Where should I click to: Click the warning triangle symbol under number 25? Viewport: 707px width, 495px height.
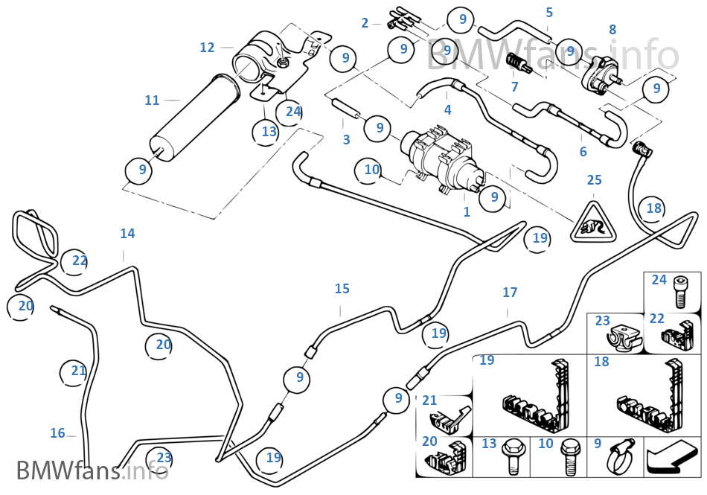(x=594, y=223)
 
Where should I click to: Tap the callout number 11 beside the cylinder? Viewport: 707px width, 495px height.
(x=152, y=100)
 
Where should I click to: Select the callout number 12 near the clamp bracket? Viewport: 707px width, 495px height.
(x=207, y=48)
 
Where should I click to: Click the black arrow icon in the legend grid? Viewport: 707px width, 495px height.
(x=672, y=457)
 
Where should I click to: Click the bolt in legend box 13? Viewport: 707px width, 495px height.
(x=512, y=456)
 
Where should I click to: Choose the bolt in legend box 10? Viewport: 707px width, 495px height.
(x=569, y=456)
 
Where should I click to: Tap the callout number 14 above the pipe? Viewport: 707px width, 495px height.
(x=127, y=234)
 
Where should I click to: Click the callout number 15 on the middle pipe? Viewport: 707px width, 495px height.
(x=342, y=289)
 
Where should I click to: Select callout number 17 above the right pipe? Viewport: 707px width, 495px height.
(x=510, y=293)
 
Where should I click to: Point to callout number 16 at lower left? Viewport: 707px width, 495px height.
(x=58, y=433)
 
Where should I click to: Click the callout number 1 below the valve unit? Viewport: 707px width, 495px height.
(x=467, y=211)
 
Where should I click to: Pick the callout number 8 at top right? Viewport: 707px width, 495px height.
(x=612, y=30)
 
